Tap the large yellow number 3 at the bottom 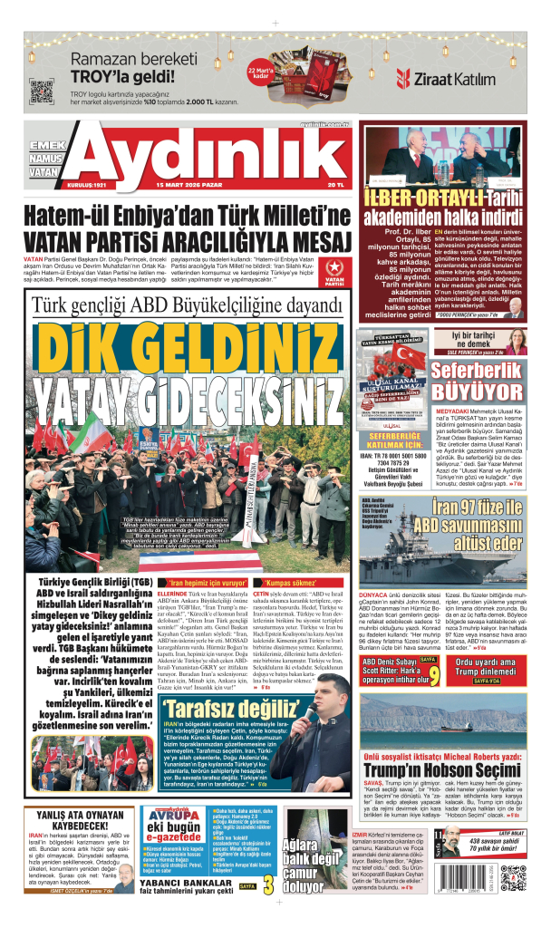pyautogui.click(x=266, y=884)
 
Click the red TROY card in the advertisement pyautogui.click(x=267, y=89)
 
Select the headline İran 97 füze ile pyautogui.click(x=477, y=507)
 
